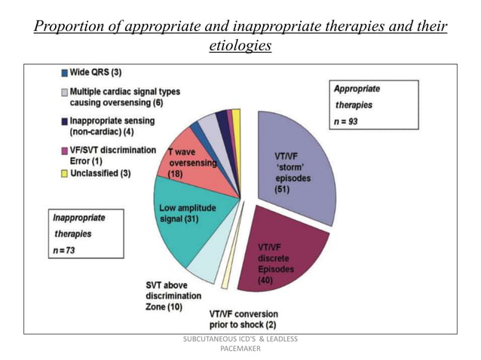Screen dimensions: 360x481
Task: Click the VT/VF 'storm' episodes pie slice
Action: coord(298,162)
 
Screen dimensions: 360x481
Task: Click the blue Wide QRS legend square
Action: coord(66,72)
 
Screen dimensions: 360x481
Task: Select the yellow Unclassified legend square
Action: coord(66,175)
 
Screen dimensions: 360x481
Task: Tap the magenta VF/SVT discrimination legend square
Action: coord(66,150)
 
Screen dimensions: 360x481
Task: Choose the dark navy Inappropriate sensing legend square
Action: coord(66,120)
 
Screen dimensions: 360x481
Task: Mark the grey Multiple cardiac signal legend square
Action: coord(66,92)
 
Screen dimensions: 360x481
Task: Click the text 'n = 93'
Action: coord(346,121)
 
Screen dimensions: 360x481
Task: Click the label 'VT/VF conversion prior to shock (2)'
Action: coord(244,319)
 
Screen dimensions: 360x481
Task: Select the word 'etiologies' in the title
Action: coord(240,47)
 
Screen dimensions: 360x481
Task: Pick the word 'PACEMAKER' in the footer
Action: coord(240,349)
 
